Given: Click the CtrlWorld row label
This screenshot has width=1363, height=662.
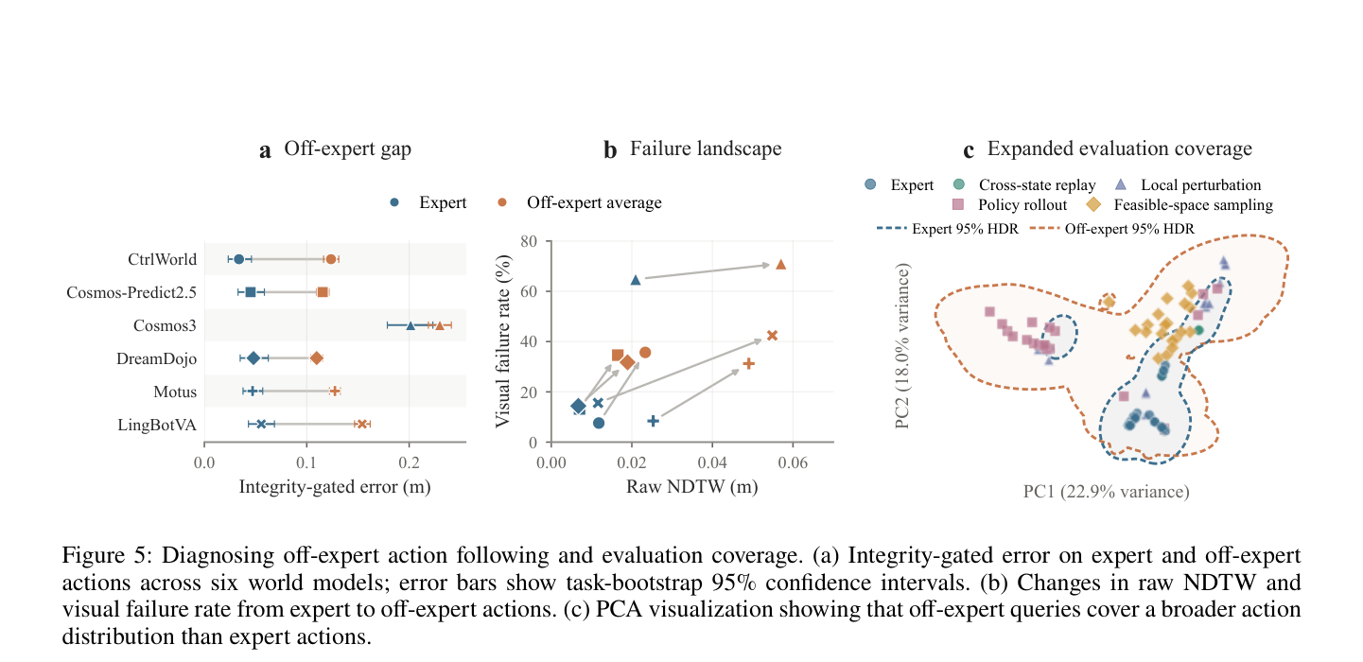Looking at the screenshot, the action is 162,260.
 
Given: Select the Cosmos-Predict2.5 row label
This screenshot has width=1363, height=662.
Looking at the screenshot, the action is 131,292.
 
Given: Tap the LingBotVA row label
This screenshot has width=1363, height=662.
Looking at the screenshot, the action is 157,425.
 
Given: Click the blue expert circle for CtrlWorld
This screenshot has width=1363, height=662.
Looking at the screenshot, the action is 239,259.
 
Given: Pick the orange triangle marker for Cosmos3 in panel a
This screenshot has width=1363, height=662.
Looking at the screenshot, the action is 439,325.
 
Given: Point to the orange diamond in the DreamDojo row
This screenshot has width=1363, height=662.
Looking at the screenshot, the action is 317,358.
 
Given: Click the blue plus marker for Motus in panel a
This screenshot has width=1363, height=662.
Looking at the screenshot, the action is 253,392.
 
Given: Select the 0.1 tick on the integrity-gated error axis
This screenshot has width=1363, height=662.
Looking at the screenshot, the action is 306,463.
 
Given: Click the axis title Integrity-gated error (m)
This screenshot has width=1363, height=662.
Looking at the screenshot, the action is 335,487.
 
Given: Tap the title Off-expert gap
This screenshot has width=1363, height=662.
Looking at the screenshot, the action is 347,149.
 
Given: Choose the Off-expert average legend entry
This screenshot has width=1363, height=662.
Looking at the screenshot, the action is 579,202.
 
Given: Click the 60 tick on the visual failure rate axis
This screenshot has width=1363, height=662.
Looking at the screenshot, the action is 529,291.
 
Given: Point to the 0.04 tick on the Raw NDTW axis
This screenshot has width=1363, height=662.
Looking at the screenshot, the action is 712,463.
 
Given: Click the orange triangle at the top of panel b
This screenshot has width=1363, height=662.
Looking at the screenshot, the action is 780,264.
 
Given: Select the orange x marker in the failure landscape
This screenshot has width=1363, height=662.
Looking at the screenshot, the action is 772,336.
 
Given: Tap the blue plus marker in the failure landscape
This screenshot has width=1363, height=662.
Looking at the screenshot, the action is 653,421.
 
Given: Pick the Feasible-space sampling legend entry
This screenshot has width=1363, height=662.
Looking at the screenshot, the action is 1180,205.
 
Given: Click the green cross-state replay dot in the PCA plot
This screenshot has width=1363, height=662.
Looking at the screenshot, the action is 1198,330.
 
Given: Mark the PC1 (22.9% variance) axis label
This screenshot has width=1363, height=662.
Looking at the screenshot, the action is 1107,492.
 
